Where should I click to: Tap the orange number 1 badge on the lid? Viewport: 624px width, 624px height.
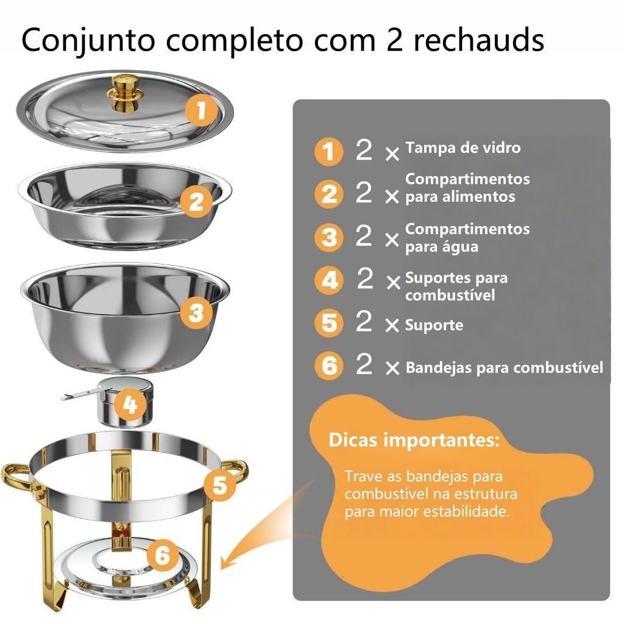(202, 110)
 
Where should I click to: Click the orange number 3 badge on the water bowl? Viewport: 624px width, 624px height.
(197, 313)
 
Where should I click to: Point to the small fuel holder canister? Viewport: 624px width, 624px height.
(125, 402)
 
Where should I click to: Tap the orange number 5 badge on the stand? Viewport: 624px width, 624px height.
(220, 484)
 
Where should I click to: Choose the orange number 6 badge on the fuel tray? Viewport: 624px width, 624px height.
(162, 555)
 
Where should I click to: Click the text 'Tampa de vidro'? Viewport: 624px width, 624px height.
(463, 147)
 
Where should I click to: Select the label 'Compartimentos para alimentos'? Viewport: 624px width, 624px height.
(467, 188)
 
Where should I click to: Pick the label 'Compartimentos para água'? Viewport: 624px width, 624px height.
(467, 238)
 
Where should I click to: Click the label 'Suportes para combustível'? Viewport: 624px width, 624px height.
(456, 286)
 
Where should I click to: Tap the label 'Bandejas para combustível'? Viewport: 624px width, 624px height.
(504, 367)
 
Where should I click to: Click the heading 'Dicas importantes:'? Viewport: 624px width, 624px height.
(414, 440)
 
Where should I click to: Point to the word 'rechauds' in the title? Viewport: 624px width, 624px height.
(479, 40)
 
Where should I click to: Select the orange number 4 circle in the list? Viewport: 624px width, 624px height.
(328, 280)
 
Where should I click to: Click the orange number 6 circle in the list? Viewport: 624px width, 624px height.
(328, 366)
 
